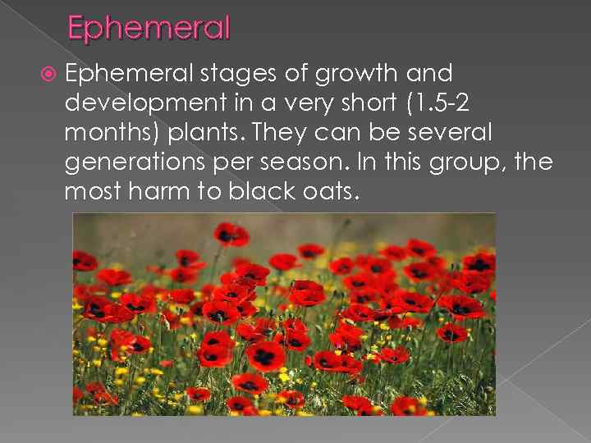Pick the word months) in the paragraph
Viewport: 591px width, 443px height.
(x=102, y=132)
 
